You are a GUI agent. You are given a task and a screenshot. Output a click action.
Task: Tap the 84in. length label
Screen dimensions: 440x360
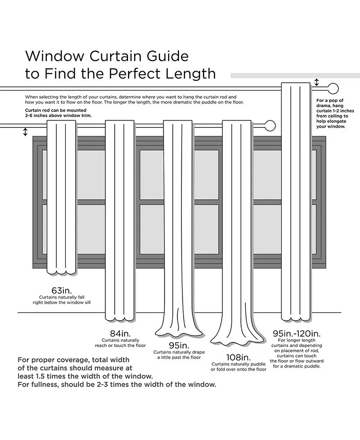pos(119,332)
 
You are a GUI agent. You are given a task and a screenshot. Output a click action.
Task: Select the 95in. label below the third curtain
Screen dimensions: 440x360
pos(178,345)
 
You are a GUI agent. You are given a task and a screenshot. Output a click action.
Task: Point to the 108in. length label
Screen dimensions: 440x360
pos(238,357)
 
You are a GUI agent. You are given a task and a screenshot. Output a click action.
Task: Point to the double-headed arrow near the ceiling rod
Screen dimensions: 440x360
pos(317,82)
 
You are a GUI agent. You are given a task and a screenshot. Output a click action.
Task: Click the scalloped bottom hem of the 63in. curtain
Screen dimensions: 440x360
pos(61,271)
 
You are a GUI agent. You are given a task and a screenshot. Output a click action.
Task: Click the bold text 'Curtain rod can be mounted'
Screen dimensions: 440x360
pos(55,111)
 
